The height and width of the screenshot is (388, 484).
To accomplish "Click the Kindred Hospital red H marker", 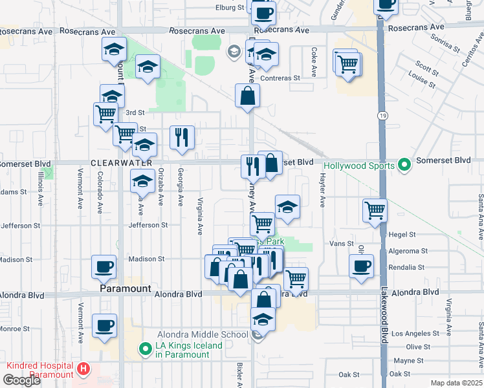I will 83,370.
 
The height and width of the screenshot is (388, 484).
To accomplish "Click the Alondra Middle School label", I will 203,334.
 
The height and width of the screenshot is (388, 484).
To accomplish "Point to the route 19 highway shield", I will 382,114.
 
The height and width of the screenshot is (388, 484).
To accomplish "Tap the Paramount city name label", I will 126,289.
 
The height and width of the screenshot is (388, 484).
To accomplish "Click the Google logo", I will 21,380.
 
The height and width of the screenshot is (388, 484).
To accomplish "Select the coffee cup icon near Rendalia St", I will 361,265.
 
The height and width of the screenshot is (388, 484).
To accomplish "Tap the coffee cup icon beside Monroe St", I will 104,326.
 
